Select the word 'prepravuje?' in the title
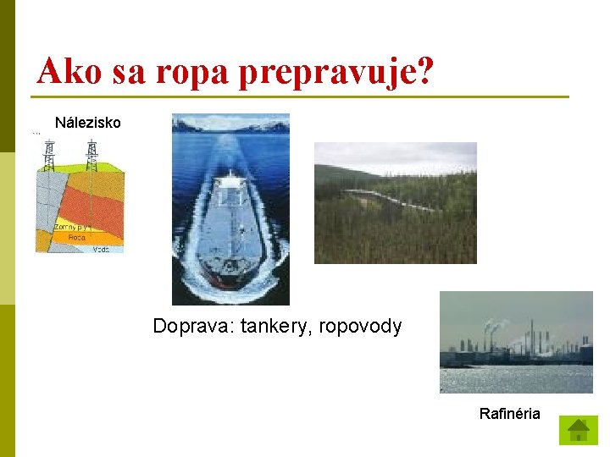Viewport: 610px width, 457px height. coord(337,73)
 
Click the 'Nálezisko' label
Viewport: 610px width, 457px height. coord(88,123)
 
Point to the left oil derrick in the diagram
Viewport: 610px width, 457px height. coord(50,153)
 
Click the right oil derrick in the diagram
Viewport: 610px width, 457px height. coord(91,153)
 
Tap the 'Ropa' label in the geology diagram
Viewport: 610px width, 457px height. coord(76,238)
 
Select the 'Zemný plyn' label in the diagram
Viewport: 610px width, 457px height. coord(71,227)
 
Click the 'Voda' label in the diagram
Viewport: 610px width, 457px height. coord(101,249)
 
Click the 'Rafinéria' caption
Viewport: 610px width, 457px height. coord(509,414)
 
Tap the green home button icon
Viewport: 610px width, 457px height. coord(579,430)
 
